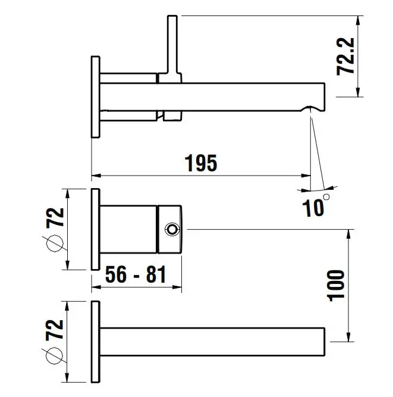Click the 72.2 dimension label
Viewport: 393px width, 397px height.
click(345, 57)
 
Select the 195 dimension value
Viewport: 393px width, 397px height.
click(201, 163)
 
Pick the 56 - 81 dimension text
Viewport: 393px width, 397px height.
click(136, 274)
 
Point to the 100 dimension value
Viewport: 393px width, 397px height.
click(336, 286)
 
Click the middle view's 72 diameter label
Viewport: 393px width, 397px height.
click(55, 217)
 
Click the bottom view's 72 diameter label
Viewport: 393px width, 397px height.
click(55, 330)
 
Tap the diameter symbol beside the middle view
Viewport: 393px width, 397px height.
click(55, 243)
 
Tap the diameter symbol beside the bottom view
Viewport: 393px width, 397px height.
click(54, 356)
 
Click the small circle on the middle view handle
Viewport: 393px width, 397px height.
click(172, 230)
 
